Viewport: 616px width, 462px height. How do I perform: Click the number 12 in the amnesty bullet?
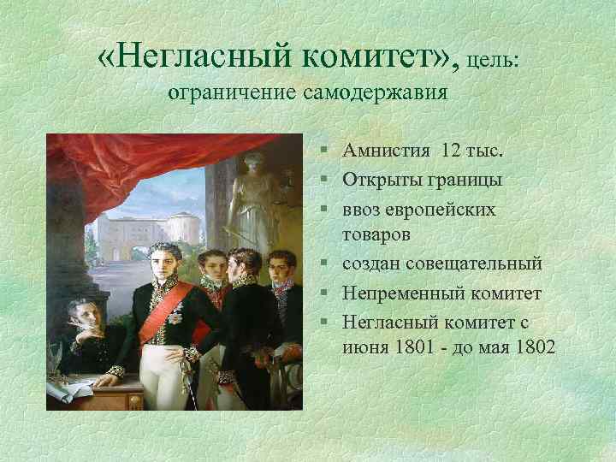[451, 151]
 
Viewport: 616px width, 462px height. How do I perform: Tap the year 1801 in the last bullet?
[418, 348]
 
